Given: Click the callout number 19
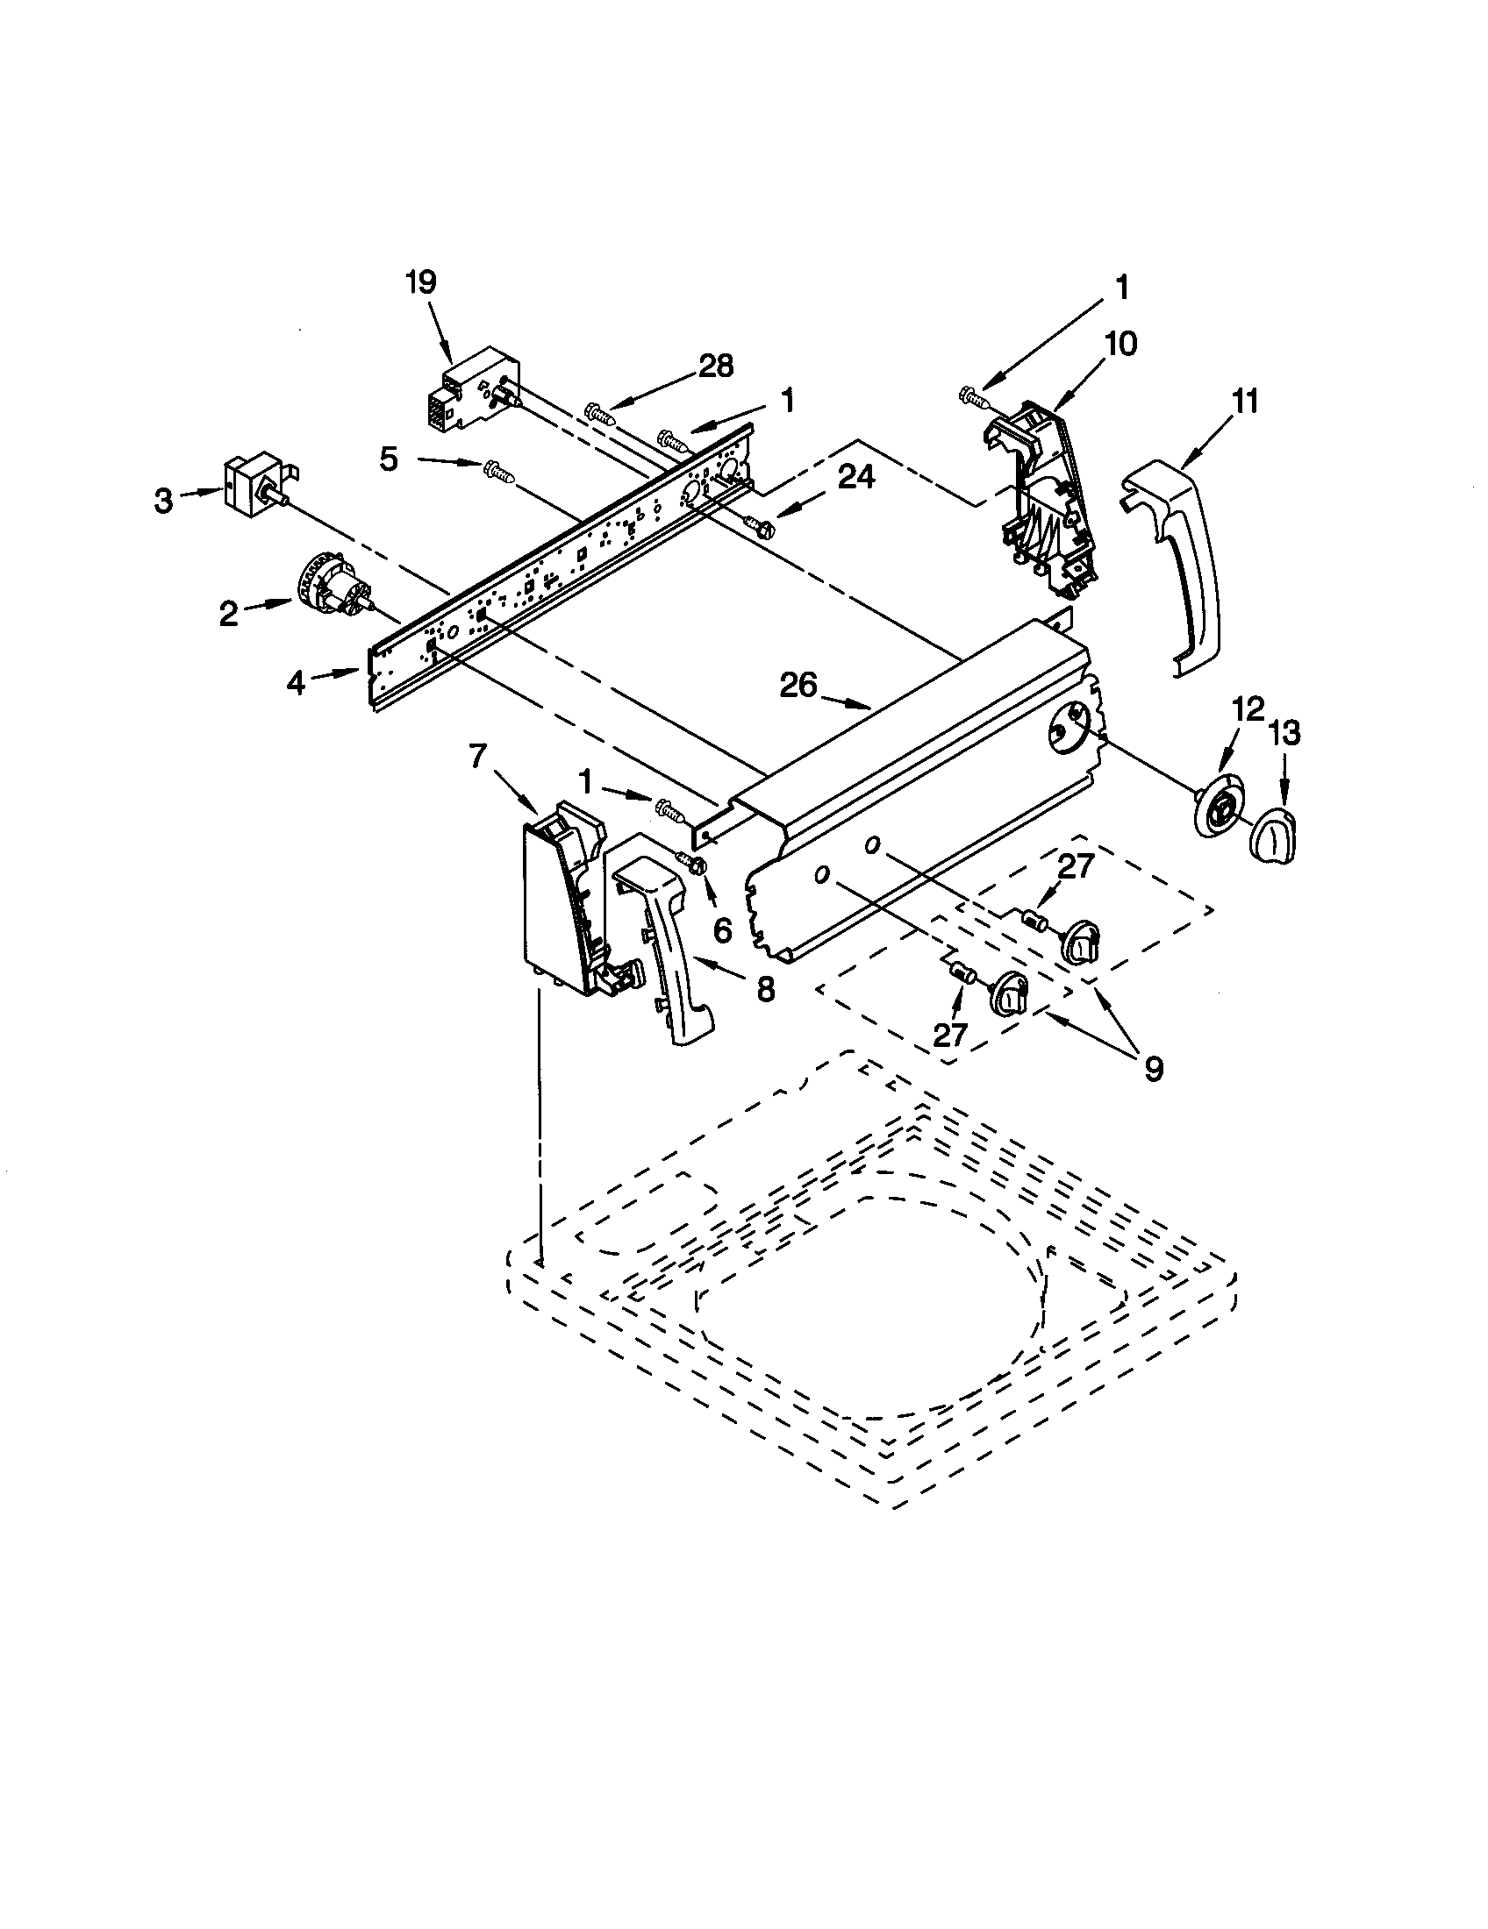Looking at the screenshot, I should click(x=420, y=282).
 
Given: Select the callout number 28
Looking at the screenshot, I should click(x=716, y=366).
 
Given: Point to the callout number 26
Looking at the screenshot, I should click(x=798, y=686).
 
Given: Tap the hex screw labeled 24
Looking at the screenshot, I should click(x=762, y=527).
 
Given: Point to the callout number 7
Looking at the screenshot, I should click(x=478, y=757).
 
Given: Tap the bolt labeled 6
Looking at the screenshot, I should click(x=692, y=863).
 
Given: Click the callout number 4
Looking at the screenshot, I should click(x=295, y=682).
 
